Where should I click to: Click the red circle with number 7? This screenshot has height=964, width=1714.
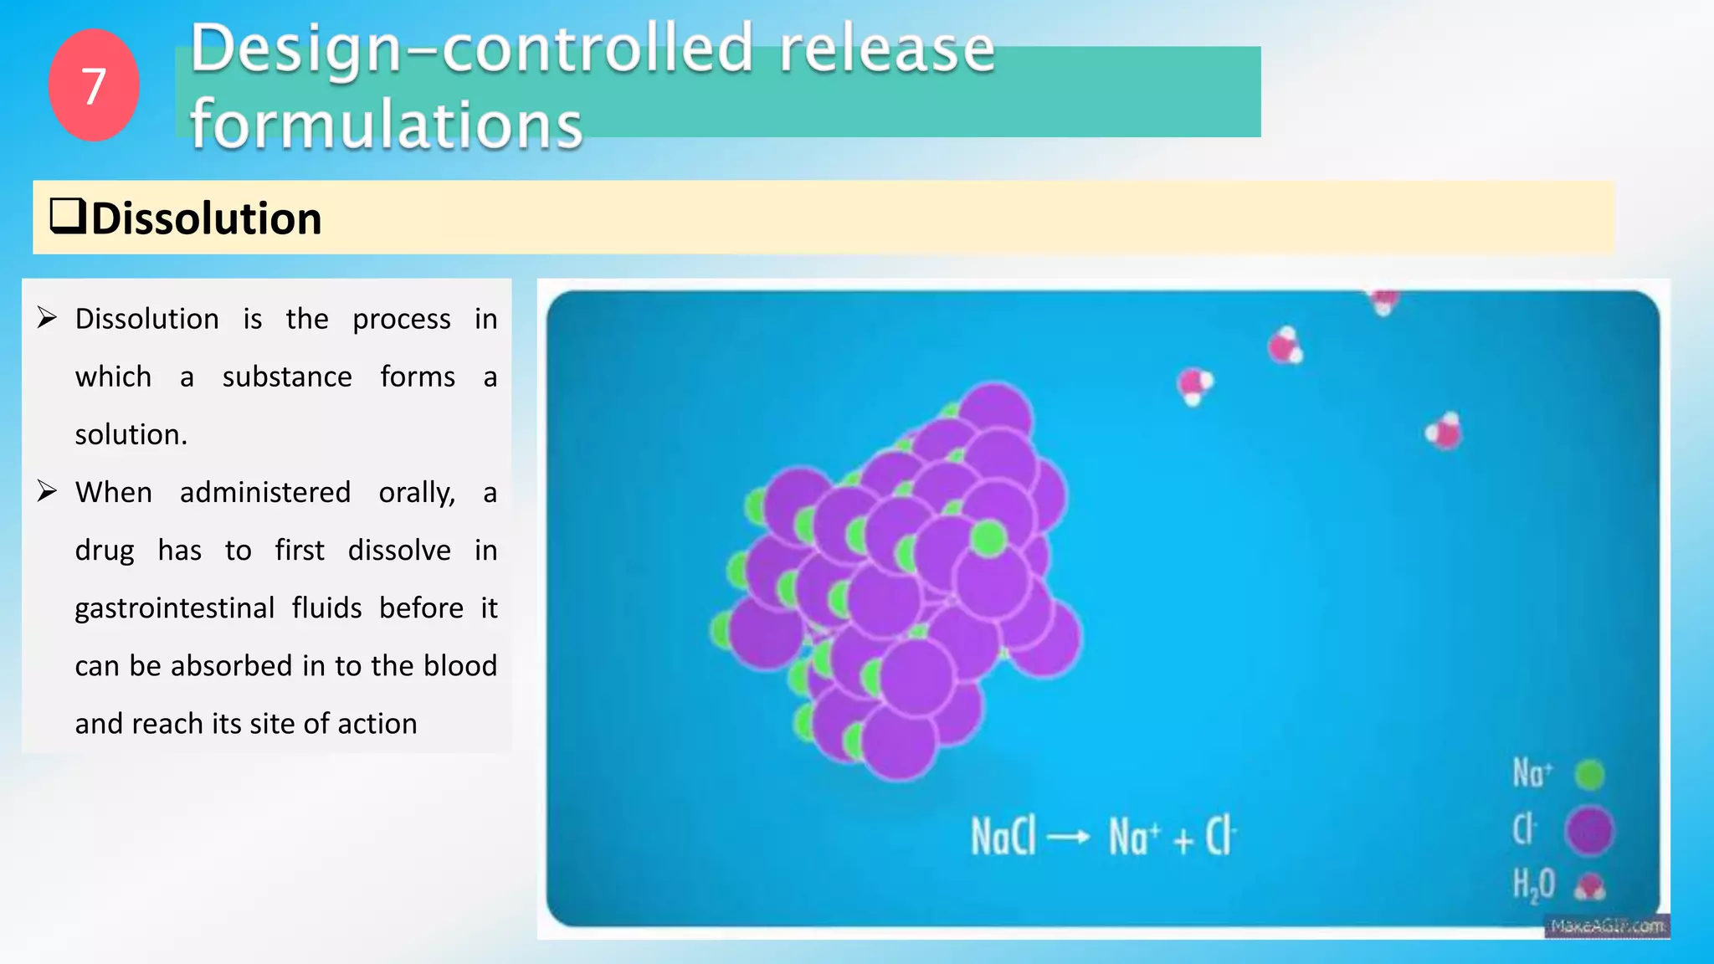point(94,85)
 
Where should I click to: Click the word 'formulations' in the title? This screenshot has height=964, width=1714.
point(386,124)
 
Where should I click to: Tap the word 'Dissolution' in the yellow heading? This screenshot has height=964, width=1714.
point(206,218)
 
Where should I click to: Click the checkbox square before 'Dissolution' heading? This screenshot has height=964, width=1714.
point(68,216)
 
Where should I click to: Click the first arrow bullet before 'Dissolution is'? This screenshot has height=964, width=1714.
point(47,318)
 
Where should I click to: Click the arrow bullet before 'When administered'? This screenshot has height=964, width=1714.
point(47,491)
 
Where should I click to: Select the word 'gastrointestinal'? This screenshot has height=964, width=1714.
point(174,608)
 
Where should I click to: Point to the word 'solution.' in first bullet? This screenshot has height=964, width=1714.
point(131,434)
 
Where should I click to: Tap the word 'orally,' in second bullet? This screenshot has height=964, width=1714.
point(417,492)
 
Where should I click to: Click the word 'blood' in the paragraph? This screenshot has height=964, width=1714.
point(459,665)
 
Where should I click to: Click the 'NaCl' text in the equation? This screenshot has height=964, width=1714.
point(1003,836)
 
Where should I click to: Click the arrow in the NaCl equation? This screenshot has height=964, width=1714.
point(1069,837)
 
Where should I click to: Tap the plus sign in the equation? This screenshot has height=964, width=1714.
point(1183,839)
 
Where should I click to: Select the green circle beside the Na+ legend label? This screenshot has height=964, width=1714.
point(1589,774)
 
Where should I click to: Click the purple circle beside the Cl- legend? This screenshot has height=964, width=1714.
point(1589,830)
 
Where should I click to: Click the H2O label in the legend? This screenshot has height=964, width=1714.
point(1533,885)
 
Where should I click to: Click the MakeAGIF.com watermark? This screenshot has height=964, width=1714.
point(1607,926)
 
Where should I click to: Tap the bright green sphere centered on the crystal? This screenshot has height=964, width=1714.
point(988,539)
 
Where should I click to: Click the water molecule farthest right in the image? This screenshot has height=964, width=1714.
point(1444,431)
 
